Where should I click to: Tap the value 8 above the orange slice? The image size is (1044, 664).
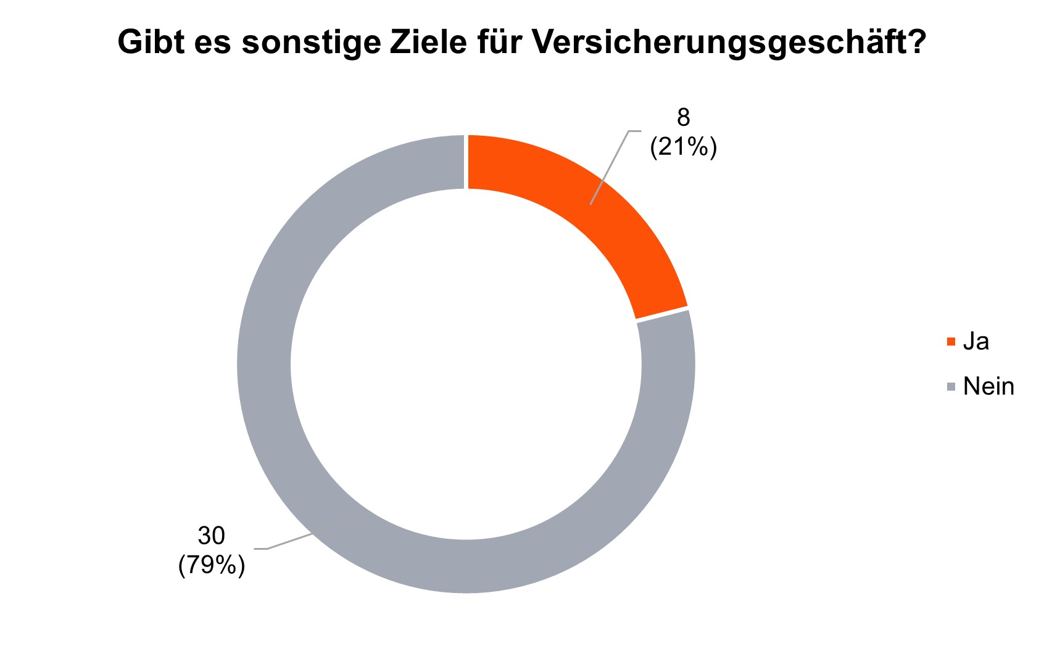(683, 117)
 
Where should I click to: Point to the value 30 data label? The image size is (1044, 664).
(211, 536)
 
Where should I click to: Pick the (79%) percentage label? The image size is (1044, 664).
(211, 565)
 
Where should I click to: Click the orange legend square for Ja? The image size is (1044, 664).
(951, 341)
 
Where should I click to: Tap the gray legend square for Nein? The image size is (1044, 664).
(951, 387)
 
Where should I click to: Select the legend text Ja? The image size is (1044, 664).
(976, 341)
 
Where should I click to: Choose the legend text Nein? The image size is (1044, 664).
(988, 387)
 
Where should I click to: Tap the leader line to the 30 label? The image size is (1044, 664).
(296, 539)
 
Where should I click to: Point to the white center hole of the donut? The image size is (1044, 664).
(466, 364)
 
